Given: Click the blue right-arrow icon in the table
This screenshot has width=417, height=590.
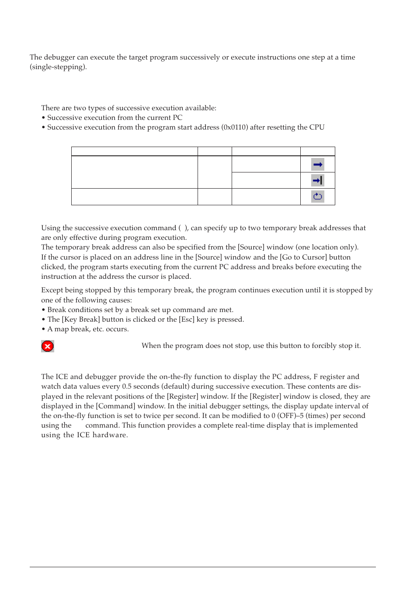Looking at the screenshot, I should point(318,165).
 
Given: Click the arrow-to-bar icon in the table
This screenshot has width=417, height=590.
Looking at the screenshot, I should point(318,180).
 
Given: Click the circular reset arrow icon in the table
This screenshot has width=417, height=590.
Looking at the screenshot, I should point(318,197).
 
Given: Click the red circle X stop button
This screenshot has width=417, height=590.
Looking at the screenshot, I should point(48,346).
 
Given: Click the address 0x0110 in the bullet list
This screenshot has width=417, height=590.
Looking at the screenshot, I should point(235,127).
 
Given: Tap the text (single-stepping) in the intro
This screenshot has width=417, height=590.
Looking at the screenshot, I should point(58,67).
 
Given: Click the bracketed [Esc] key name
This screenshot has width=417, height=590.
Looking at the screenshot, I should point(187,320).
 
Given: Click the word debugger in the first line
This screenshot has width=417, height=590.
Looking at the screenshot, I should point(59,57).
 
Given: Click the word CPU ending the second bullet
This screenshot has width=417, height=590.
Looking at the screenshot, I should point(317,127).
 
